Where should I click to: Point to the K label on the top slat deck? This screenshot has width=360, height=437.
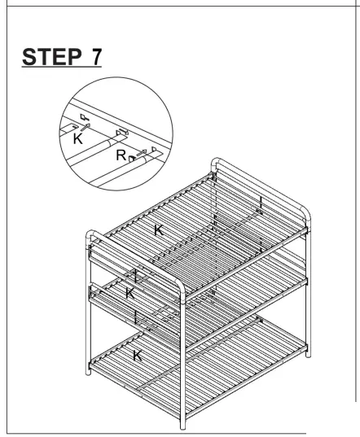click(160, 230)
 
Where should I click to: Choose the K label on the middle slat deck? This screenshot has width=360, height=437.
click(130, 292)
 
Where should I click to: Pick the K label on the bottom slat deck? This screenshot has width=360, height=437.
click(137, 355)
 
